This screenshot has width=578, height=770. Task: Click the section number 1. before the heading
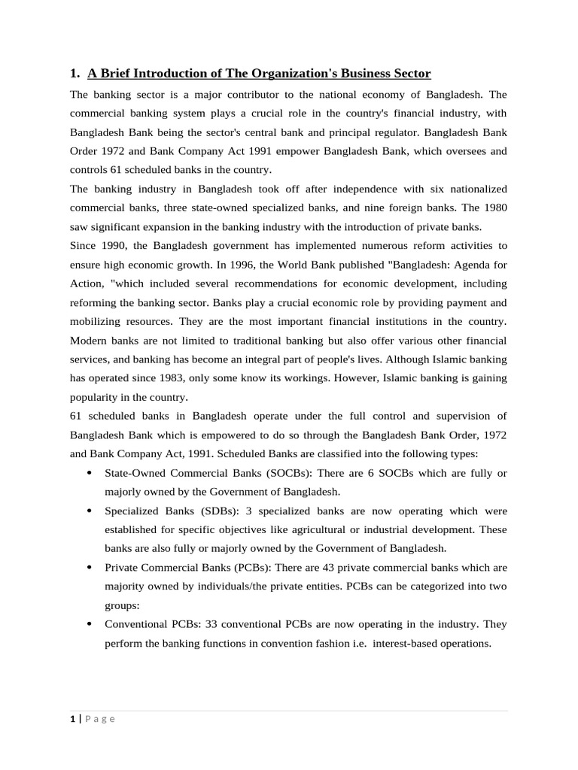coord(75,74)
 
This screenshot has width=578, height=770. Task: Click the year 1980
coord(494,207)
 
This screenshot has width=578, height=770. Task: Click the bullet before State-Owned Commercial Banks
coord(90,473)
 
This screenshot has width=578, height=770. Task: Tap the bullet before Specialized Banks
coord(90,511)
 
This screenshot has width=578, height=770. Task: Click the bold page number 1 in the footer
coord(72,719)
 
